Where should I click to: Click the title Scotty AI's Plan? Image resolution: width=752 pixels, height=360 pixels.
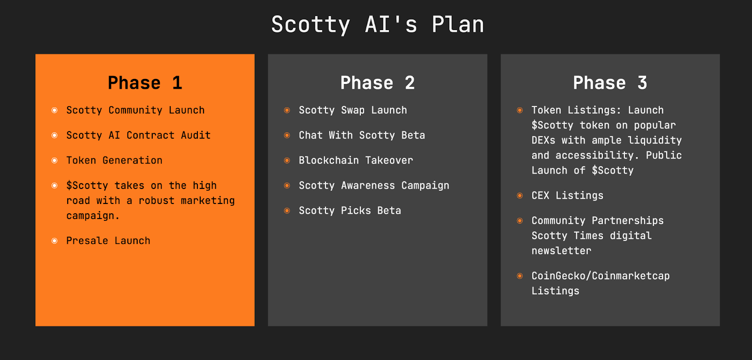(377, 24)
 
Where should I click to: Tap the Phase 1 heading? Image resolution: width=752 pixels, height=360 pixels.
(145, 83)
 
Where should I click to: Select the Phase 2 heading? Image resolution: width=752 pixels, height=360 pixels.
(377, 83)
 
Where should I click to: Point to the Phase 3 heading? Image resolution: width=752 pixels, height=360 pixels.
(610, 83)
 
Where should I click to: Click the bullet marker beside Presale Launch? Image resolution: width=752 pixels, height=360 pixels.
(55, 241)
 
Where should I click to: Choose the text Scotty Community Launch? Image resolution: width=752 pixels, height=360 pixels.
(135, 110)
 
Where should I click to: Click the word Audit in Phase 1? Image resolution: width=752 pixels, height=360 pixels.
(196, 135)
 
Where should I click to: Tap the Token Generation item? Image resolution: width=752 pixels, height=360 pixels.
(114, 160)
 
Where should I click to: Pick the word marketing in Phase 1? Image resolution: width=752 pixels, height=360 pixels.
(208, 201)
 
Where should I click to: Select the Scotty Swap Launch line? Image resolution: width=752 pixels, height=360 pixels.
(353, 110)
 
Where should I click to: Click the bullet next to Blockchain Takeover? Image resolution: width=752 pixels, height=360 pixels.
(287, 160)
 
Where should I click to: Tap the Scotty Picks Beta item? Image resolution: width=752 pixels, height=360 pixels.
(350, 211)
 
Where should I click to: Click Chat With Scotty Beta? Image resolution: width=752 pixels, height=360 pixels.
(362, 135)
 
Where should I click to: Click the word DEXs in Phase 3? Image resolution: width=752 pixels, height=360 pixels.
(543, 141)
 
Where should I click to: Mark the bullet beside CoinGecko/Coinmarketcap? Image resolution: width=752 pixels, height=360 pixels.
(520, 276)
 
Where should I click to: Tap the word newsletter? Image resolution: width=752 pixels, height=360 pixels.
(561, 251)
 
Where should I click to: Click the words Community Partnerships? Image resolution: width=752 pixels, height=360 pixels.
(597, 221)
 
